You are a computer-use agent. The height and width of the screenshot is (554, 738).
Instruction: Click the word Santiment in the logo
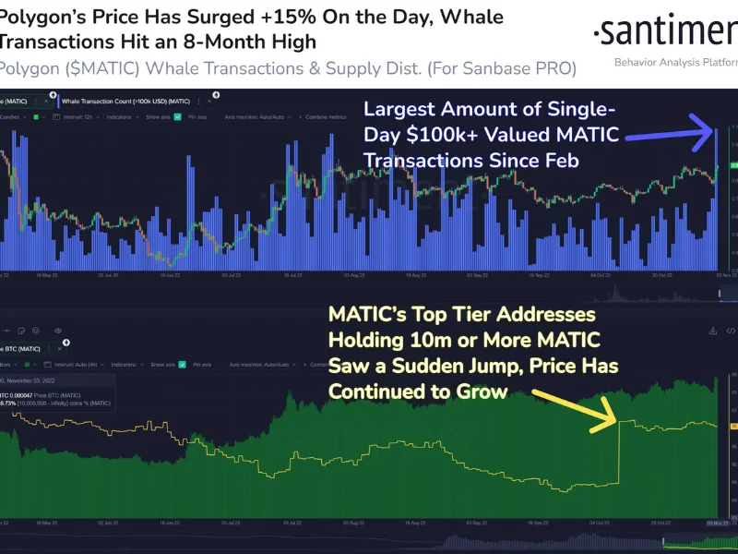(x=666, y=33)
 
